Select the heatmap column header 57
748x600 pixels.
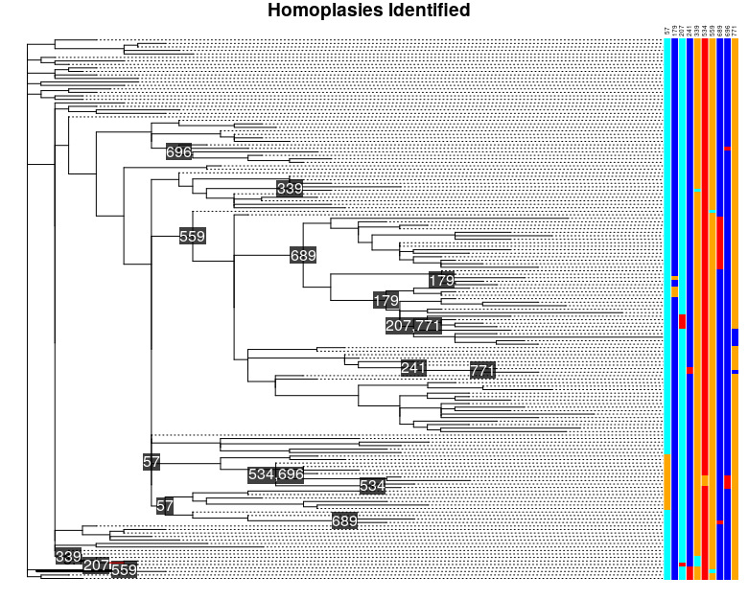coord(667,33)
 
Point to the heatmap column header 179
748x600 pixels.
coord(675,32)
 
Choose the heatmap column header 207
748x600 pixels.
coord(682,32)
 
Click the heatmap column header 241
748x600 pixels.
coord(690,32)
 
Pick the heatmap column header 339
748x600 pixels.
coord(697,32)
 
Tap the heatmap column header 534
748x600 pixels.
coord(705,32)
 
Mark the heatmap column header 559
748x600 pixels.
coord(713,32)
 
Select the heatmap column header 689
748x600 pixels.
coord(720,32)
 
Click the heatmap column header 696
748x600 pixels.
coord(728,32)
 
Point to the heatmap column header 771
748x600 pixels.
coord(735,32)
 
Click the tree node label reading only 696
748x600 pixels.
coord(179,151)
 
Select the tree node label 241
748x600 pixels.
coord(413,368)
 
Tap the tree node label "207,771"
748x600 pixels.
coord(413,326)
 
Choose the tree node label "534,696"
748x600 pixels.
coord(275,473)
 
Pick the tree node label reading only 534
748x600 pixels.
coord(372,486)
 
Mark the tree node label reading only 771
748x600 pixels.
coord(482,371)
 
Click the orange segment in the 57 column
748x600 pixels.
coord(667,481)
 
